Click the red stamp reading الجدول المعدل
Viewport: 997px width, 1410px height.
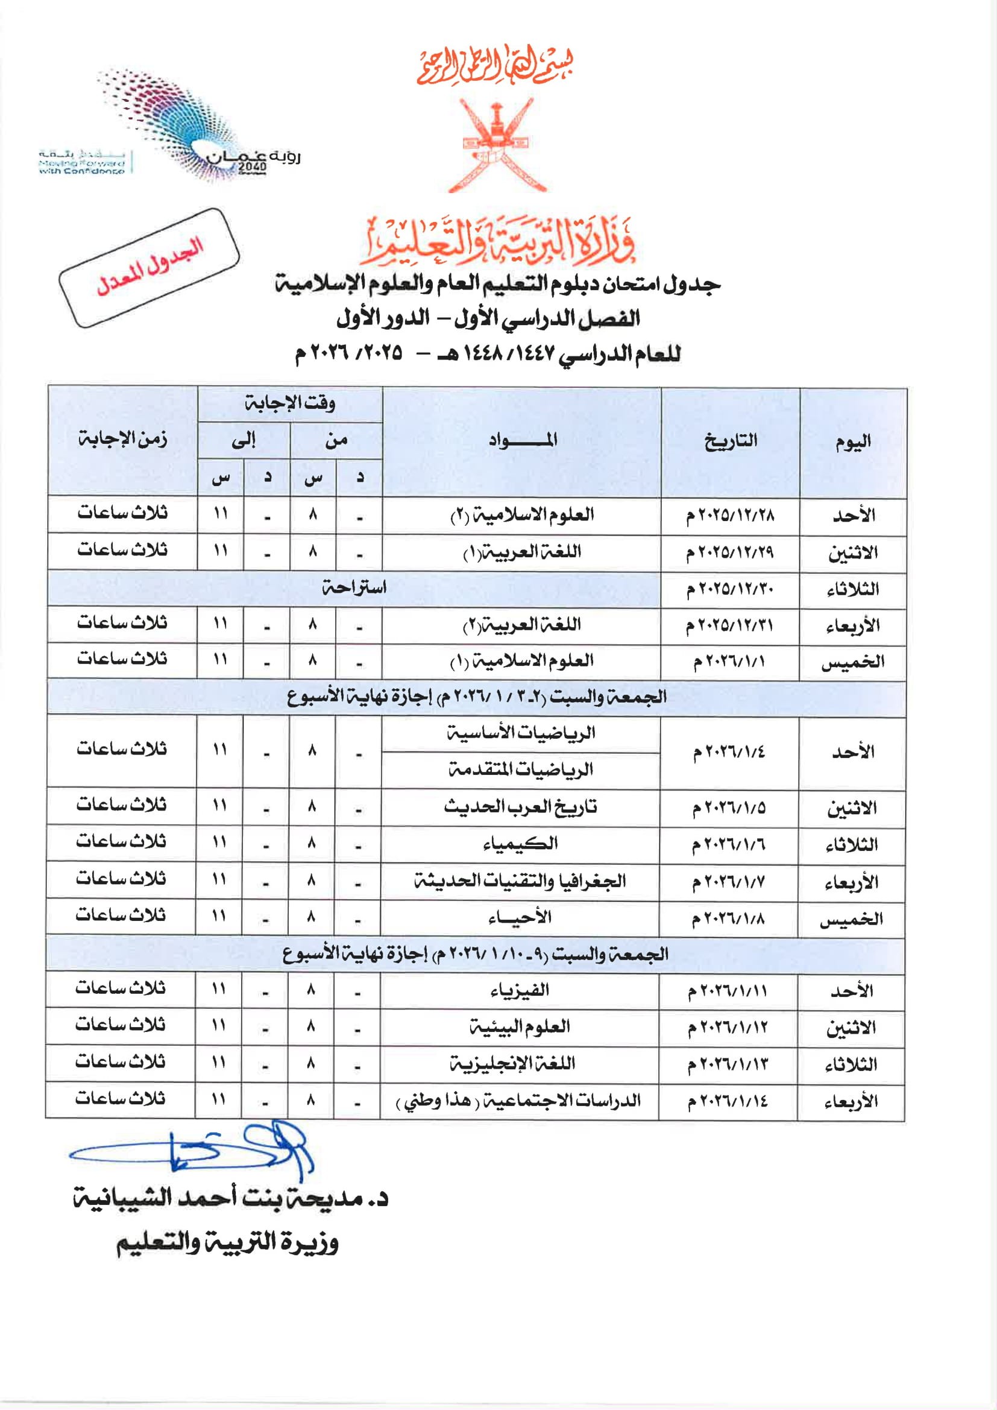point(149,268)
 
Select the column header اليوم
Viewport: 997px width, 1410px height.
point(853,441)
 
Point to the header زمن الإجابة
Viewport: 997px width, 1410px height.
point(122,440)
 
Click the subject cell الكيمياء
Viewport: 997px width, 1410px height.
point(520,844)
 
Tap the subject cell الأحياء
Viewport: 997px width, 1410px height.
point(520,917)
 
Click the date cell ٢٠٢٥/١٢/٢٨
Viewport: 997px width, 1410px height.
point(730,515)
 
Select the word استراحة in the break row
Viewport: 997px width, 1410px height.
point(354,589)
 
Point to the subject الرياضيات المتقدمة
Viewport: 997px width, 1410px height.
point(520,770)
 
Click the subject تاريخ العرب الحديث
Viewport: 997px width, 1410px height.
point(520,807)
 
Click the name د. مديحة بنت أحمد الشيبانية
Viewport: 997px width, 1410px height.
point(230,1199)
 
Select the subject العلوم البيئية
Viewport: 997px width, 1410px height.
point(520,1027)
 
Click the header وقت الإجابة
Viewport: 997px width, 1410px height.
point(290,403)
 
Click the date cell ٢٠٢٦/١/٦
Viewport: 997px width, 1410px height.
point(729,845)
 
